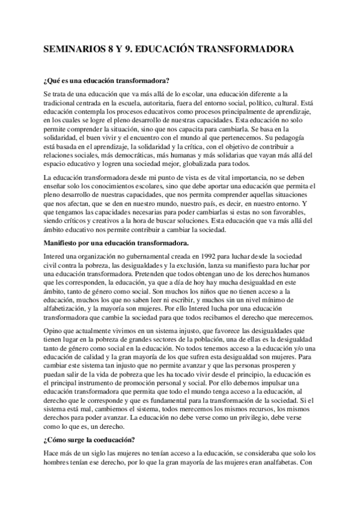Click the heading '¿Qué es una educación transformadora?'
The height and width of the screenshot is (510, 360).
click(106, 80)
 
